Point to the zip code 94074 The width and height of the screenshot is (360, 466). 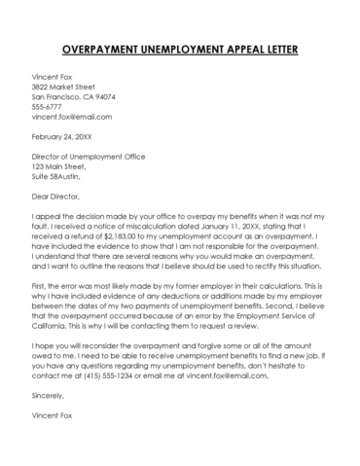click(102, 97)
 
